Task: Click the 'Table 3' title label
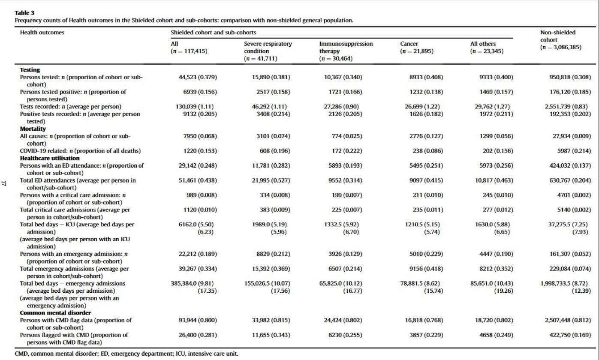coord(24,13)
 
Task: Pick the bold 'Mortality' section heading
coord(33,129)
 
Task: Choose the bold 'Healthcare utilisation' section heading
coord(50,158)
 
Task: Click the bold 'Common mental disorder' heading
coord(55,313)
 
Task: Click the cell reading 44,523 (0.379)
coord(198,77)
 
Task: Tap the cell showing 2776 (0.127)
coord(426,136)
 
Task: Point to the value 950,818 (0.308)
coord(570,77)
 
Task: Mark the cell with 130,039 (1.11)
coord(194,107)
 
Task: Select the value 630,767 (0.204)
coord(570,180)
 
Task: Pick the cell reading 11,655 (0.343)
coord(271,335)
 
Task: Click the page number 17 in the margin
coord(3,183)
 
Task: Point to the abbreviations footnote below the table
coord(126,354)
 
